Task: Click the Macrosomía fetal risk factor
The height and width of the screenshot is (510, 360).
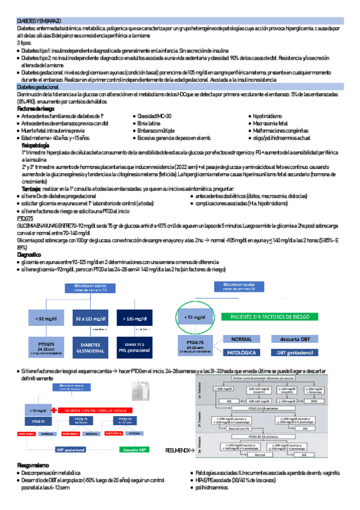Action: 272,123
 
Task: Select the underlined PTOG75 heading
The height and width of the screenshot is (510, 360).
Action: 25,218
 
